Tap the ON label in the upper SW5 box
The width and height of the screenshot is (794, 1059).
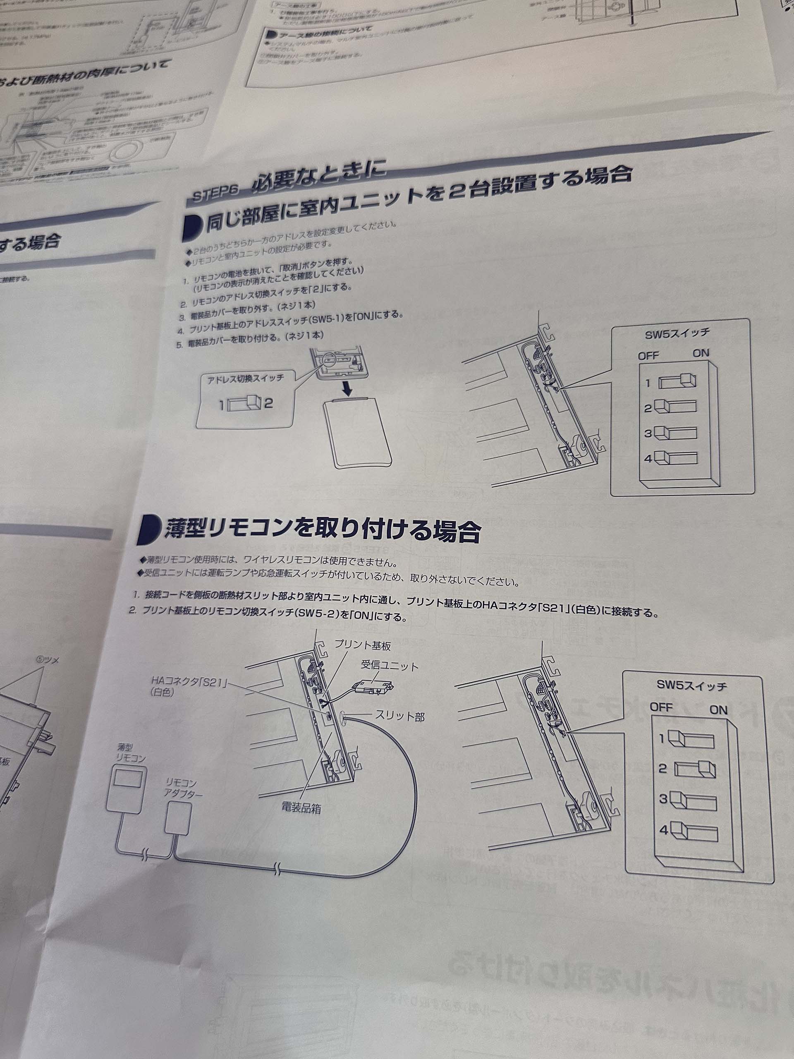click(701, 353)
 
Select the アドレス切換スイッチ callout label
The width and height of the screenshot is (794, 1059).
click(245, 379)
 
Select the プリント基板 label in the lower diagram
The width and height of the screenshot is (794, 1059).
click(362, 645)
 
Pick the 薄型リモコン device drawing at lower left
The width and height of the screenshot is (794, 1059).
click(125, 788)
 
